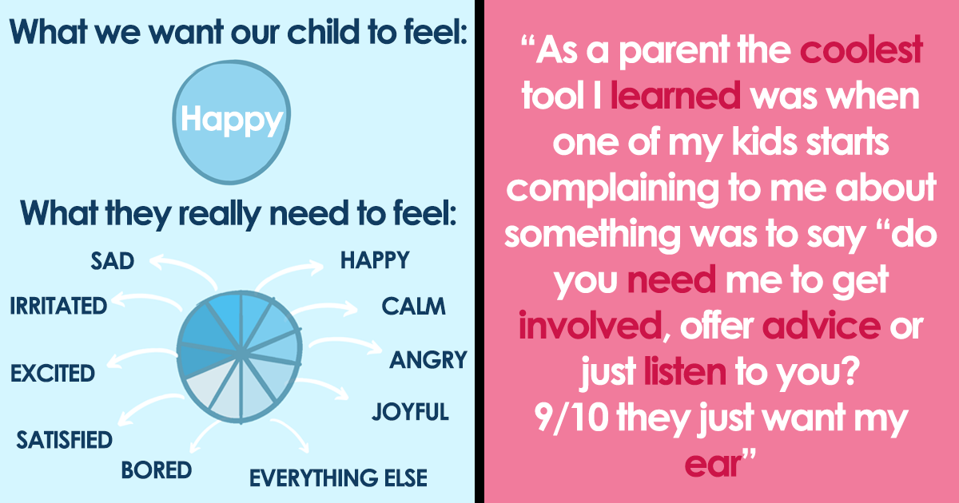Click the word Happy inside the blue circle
point(232,121)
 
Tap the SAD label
point(113,261)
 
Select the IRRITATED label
point(58,306)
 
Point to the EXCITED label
point(53,373)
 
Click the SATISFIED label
point(64,440)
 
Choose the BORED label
point(157,470)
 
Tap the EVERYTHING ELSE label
point(338,477)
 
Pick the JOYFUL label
point(410,411)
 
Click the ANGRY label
point(428,360)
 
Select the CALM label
point(414,307)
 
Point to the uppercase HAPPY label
point(375,260)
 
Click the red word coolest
point(861,50)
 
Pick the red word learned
point(675,95)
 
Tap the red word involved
point(591,326)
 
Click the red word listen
point(685,371)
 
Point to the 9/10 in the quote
point(571,418)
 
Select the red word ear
point(713,465)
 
